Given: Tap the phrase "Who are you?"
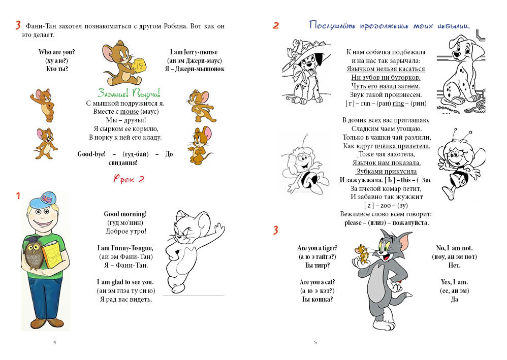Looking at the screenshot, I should point(57,52).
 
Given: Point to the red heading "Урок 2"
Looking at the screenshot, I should point(129,179).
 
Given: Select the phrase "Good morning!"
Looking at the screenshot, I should point(125,214).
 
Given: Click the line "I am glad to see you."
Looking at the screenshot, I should point(125,282).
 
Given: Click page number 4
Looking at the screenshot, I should point(54,342).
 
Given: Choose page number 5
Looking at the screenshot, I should point(315,342).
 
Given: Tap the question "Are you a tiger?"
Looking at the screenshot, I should point(317,248).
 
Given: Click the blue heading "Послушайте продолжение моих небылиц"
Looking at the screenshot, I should point(389,25).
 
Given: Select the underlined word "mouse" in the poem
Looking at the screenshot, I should point(129,111).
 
